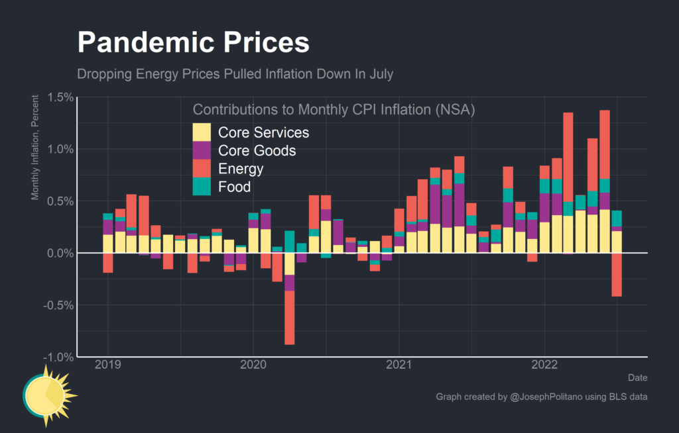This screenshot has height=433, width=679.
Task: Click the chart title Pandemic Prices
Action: pyautogui.click(x=193, y=43)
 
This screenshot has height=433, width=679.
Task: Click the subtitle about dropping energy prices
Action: pyautogui.click(x=235, y=73)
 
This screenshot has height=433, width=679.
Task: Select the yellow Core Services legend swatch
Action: pyautogui.click(x=202, y=132)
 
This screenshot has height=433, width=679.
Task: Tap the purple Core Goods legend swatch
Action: pyautogui.click(x=202, y=150)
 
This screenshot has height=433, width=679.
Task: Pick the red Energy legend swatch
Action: pyautogui.click(x=202, y=169)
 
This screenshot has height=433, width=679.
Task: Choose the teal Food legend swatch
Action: pyautogui.click(x=202, y=187)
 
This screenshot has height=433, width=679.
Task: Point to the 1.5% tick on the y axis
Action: pyautogui.click(x=58, y=97)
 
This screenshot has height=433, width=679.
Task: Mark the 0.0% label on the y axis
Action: pyautogui.click(x=58, y=253)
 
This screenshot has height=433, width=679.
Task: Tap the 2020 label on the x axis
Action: pyautogui.click(x=253, y=365)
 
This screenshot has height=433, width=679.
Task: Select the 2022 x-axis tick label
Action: pyautogui.click(x=544, y=365)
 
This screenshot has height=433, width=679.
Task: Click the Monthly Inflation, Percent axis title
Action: pyautogui.click(x=35, y=147)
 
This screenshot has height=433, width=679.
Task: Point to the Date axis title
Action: pyautogui.click(x=637, y=377)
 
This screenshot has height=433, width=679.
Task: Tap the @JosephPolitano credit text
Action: pyautogui.click(x=541, y=397)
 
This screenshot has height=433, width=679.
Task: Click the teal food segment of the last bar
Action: pyautogui.click(x=617, y=218)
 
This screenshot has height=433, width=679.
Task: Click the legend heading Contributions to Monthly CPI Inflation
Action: pyautogui.click(x=334, y=109)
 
